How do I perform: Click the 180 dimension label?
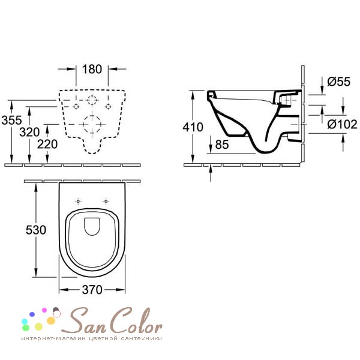(x=92, y=69)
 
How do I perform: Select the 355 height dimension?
(x=11, y=120)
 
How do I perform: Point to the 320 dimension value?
(x=29, y=132)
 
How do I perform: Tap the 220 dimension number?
(x=47, y=144)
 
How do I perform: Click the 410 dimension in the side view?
(x=193, y=127)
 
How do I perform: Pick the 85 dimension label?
(x=222, y=145)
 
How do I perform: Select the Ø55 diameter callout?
(x=338, y=82)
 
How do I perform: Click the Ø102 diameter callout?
(x=342, y=124)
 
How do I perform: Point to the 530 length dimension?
(x=36, y=230)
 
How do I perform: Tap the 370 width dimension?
(x=92, y=290)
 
